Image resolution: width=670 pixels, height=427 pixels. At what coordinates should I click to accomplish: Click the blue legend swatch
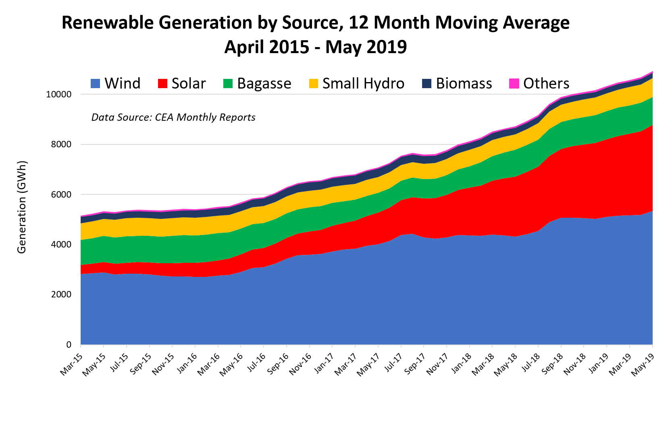coord(95,84)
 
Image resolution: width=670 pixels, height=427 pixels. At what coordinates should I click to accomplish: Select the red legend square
coord(162,84)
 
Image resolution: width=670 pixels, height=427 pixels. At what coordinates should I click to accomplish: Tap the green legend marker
coord(228,84)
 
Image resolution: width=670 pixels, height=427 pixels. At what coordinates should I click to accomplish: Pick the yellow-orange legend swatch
coord(314,84)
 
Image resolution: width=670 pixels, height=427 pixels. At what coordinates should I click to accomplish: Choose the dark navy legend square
coord(427,84)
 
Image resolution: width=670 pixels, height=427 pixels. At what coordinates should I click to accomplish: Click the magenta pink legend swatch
coord(514,84)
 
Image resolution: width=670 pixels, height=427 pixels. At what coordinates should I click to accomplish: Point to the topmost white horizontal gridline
coord(282,94)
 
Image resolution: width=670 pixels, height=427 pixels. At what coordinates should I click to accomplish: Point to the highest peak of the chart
coord(652,72)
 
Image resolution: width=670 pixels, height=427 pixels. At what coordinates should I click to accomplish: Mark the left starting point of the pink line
coord(81,216)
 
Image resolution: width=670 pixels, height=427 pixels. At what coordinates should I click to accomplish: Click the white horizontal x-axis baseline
coord(363,345)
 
